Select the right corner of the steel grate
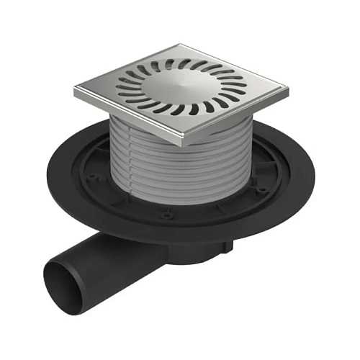point(287,90)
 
